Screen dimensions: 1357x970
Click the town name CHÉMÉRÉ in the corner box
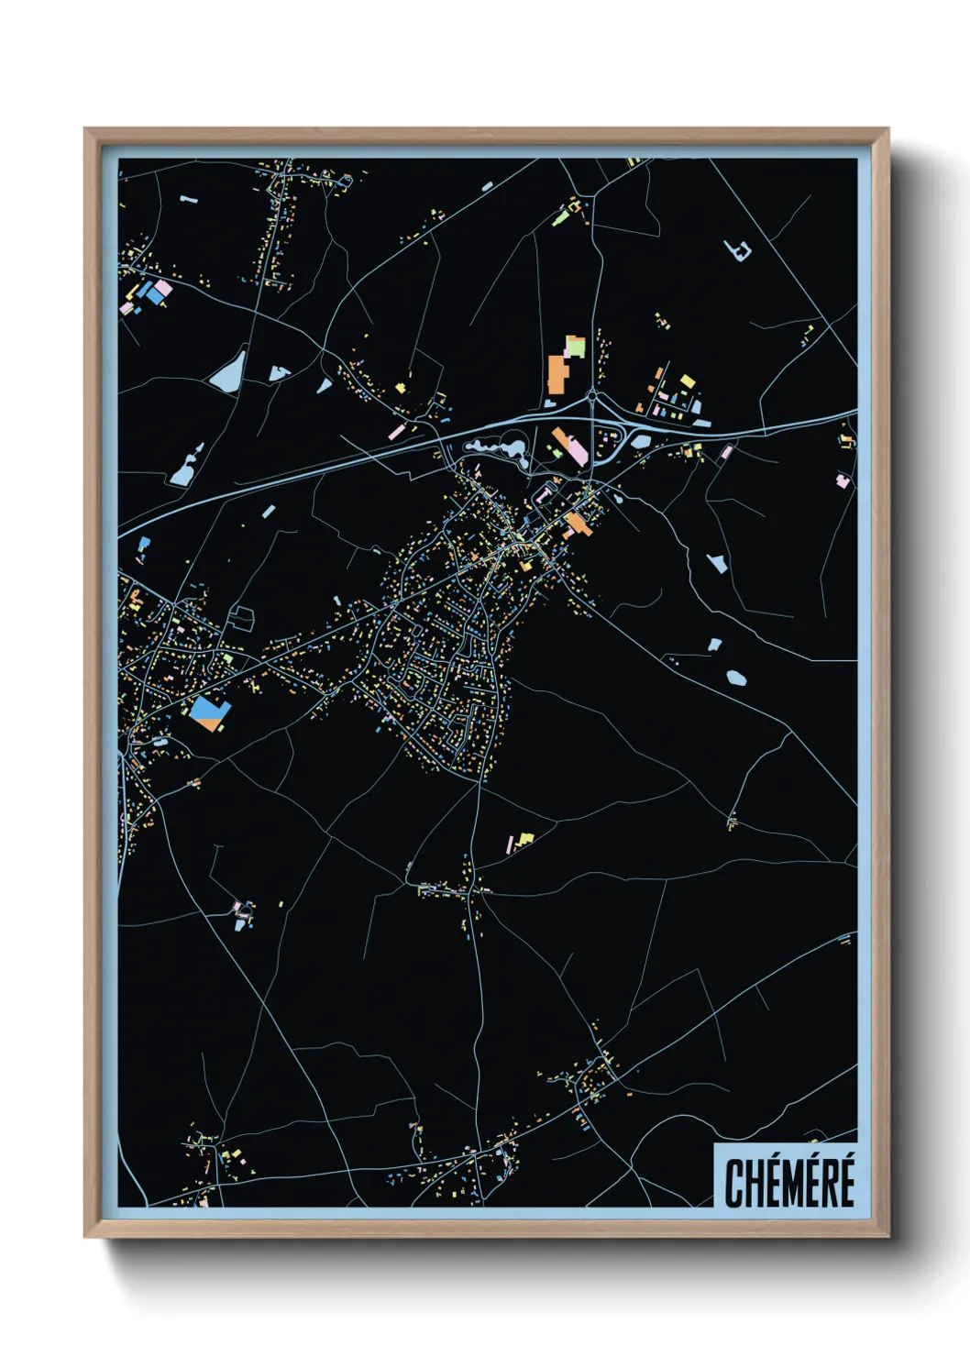click(788, 1182)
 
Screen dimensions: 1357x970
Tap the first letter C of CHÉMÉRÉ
click(734, 1184)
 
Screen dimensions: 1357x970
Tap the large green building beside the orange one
click(575, 347)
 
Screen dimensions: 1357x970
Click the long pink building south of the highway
click(576, 450)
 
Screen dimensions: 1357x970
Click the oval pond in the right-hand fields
click(735, 678)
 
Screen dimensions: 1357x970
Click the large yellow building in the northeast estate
click(687, 381)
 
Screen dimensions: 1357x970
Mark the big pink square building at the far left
click(162, 291)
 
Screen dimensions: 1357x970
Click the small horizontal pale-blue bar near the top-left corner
click(189, 198)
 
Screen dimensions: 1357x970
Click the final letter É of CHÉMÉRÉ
click(844, 1182)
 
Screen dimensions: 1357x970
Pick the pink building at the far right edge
click(842, 479)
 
